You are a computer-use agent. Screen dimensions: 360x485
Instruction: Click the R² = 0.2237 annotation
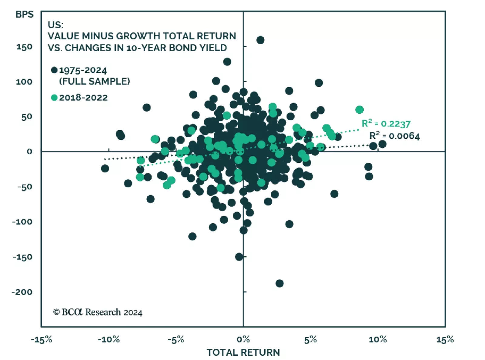click(x=386, y=124)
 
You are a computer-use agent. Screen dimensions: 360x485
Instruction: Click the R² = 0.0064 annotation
click(x=394, y=136)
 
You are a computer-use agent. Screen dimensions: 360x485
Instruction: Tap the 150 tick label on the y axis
click(x=24, y=47)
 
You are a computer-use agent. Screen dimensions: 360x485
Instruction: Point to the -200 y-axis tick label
click(x=22, y=292)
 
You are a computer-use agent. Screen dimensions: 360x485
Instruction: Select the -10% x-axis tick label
click(x=109, y=340)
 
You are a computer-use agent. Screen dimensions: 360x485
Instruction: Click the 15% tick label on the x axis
click(x=445, y=340)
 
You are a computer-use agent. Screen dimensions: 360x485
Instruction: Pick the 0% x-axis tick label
click(x=243, y=340)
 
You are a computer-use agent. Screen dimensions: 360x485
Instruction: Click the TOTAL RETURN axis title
click(x=243, y=352)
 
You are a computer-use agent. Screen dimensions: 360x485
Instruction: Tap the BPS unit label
click(x=25, y=15)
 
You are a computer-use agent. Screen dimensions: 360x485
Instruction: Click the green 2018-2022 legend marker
click(x=54, y=98)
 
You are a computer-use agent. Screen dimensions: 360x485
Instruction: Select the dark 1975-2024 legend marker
click(x=54, y=70)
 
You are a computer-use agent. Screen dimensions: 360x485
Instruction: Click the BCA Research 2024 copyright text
click(x=98, y=312)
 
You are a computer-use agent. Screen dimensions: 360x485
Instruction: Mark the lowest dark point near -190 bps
click(x=279, y=283)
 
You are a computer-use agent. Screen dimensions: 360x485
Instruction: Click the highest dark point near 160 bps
click(x=260, y=40)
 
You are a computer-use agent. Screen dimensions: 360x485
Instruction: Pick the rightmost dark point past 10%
click(x=382, y=144)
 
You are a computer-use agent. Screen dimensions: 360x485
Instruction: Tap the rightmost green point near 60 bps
click(x=360, y=110)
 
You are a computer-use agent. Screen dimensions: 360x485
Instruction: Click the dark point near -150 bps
click(x=239, y=257)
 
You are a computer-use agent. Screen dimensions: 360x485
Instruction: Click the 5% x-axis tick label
click(x=310, y=340)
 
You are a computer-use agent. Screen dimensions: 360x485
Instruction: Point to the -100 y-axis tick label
click(x=22, y=222)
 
